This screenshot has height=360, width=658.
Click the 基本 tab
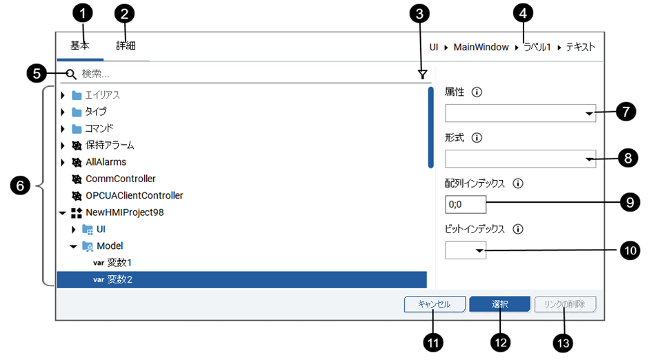[x=80, y=46]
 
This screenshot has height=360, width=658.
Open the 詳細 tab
[x=126, y=46]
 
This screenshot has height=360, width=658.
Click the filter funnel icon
[x=422, y=74]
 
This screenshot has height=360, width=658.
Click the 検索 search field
[x=248, y=74]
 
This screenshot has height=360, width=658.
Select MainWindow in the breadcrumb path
[x=481, y=48]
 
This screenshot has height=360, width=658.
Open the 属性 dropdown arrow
[x=588, y=113]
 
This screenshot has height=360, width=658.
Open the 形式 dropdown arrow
[x=588, y=160]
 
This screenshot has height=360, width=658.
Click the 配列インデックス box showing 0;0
[x=466, y=205]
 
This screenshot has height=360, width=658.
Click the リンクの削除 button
[x=566, y=304]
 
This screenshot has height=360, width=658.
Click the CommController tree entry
[x=120, y=179]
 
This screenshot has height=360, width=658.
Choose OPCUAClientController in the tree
[x=134, y=195]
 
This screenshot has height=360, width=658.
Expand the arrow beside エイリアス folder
[x=63, y=95]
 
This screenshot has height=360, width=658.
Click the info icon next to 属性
[x=477, y=92]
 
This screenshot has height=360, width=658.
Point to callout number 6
[x=20, y=186]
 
